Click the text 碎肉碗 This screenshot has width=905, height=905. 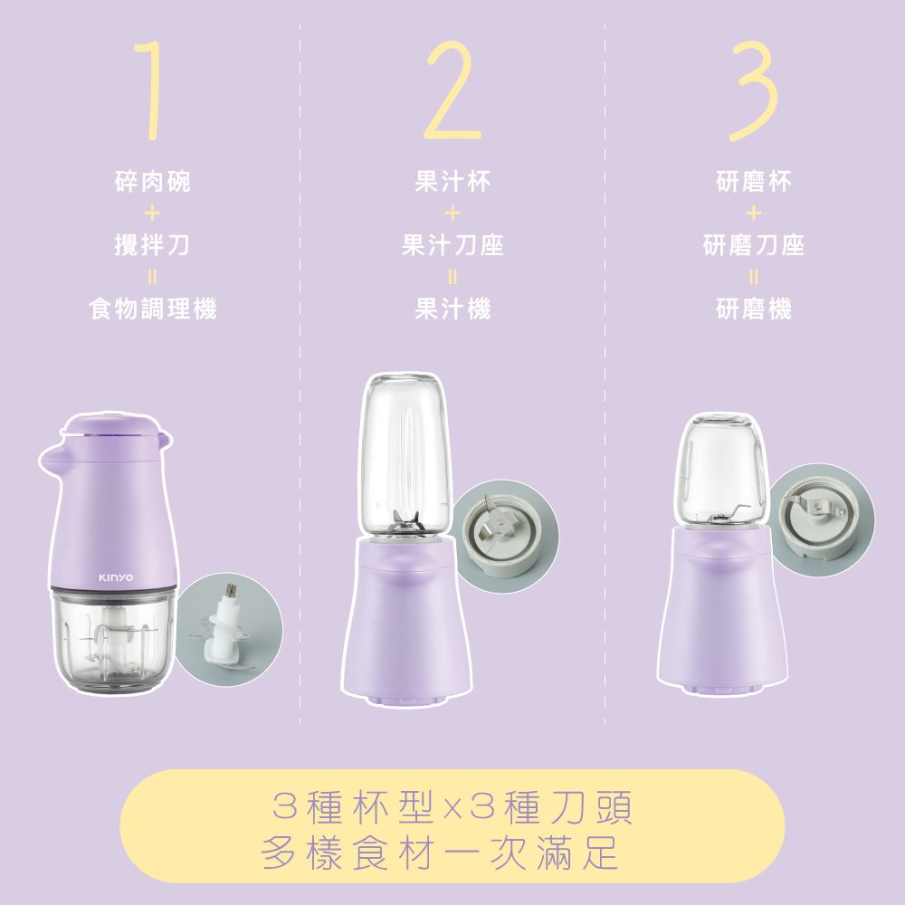tap(152, 183)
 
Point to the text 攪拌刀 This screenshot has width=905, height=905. tap(152, 245)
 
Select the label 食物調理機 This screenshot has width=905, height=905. tap(152, 310)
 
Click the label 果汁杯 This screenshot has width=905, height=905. tap(452, 183)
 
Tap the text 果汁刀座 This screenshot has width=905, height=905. tap(452, 245)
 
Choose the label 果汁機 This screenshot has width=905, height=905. tap(452, 310)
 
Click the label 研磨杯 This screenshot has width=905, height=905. tap(753, 183)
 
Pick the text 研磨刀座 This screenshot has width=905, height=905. tap(753, 245)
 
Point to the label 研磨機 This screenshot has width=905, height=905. tap(753, 310)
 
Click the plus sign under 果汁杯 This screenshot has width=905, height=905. tap(452, 214)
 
